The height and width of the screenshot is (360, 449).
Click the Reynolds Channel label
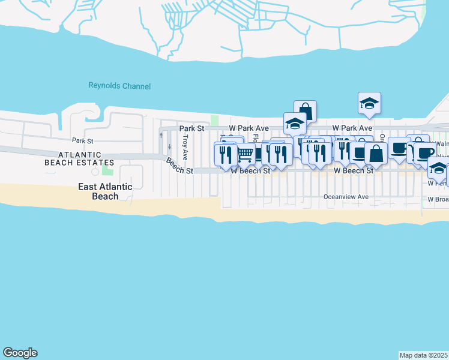tap(119, 86)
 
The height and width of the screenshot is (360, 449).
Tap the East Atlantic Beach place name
tap(105, 191)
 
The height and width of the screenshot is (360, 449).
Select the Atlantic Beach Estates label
tap(79, 158)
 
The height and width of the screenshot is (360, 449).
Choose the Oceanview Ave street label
tap(346, 196)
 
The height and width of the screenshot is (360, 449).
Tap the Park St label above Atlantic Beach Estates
tap(83, 140)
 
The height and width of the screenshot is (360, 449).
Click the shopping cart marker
tap(244, 154)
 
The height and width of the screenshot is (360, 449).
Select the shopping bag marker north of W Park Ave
tap(305, 111)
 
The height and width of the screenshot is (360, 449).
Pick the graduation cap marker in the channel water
tap(370, 104)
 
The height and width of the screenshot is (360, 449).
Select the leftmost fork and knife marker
tap(225, 154)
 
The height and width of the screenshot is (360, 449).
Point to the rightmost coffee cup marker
tap(425, 152)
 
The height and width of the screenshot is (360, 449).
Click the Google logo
tap(20, 353)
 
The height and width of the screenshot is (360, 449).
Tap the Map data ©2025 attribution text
tap(424, 355)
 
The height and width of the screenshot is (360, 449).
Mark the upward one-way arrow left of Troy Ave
tap(160, 136)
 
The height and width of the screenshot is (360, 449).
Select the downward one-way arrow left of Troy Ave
tap(169, 146)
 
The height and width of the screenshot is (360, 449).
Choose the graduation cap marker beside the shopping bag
tap(295, 124)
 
